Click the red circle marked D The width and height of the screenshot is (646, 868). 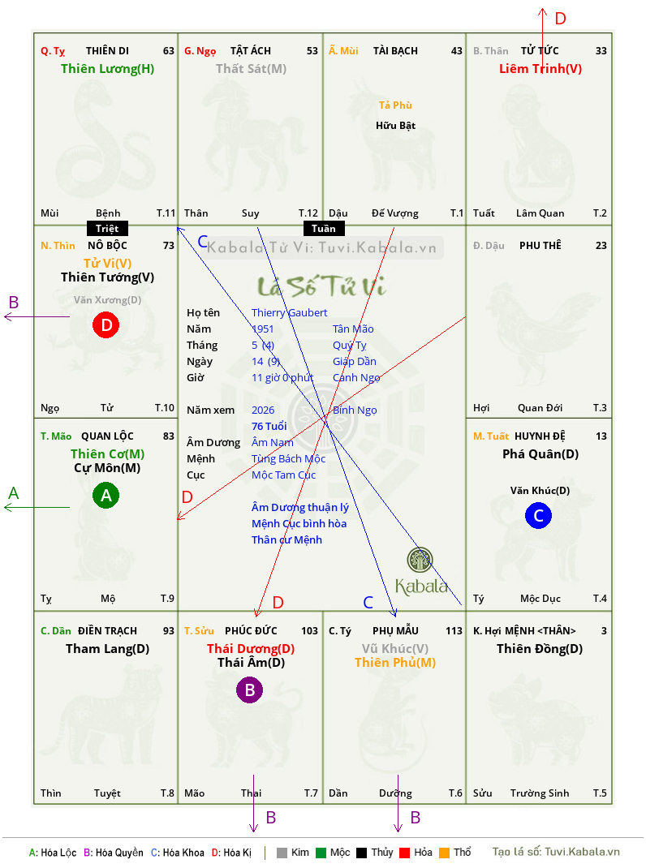pyautogui.click(x=106, y=324)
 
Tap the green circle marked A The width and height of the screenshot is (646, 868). pyautogui.click(x=106, y=495)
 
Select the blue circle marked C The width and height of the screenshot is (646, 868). pyautogui.click(x=538, y=515)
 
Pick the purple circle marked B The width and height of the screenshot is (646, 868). pyautogui.click(x=249, y=690)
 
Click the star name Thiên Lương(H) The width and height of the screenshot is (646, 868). pyautogui.click(x=107, y=69)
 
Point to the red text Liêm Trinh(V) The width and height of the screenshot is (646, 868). pyautogui.click(x=540, y=69)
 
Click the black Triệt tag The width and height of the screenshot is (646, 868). pyautogui.click(x=107, y=229)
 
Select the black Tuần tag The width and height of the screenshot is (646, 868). pyautogui.click(x=324, y=229)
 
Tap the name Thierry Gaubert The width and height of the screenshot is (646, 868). pyautogui.click(x=289, y=313)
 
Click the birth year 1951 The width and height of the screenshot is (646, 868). pyautogui.click(x=263, y=329)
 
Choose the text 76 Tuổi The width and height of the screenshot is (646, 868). pyautogui.click(x=269, y=426)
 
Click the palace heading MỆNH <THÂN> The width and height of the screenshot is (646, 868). pyautogui.click(x=540, y=631)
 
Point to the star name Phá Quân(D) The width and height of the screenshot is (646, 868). pyautogui.click(x=540, y=454)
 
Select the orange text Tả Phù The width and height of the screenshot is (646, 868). pyautogui.click(x=395, y=105)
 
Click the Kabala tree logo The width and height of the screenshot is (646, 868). pyautogui.click(x=420, y=560)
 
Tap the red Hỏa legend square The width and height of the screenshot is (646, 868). pyautogui.click(x=404, y=853)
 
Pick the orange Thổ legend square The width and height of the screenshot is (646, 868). pyautogui.click(x=445, y=853)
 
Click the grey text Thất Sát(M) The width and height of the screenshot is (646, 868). pyautogui.click(x=251, y=69)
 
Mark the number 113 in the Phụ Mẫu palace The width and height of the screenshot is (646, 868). pyautogui.click(x=454, y=631)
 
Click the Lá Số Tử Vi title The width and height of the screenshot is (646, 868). pyautogui.click(x=321, y=286)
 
